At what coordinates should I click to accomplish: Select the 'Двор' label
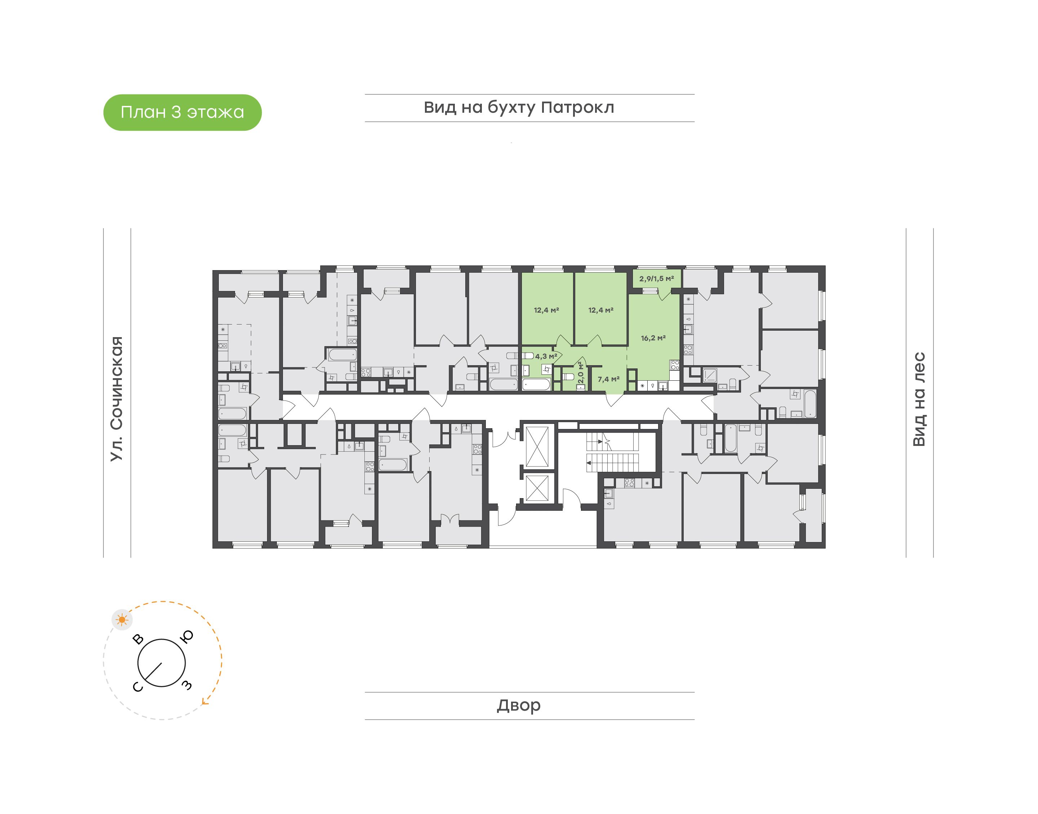tap(519, 705)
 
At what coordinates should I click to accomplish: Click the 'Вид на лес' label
tap(919, 399)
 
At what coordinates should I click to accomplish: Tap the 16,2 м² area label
tap(653, 338)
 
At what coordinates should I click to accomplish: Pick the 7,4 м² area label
tap(608, 379)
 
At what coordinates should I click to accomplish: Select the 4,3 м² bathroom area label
tap(546, 356)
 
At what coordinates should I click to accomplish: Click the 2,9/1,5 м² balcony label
tap(657, 278)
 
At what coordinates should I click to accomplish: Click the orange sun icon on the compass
tap(122, 620)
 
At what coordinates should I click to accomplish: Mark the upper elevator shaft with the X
tap(537, 447)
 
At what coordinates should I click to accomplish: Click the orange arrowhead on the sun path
tap(205, 701)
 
